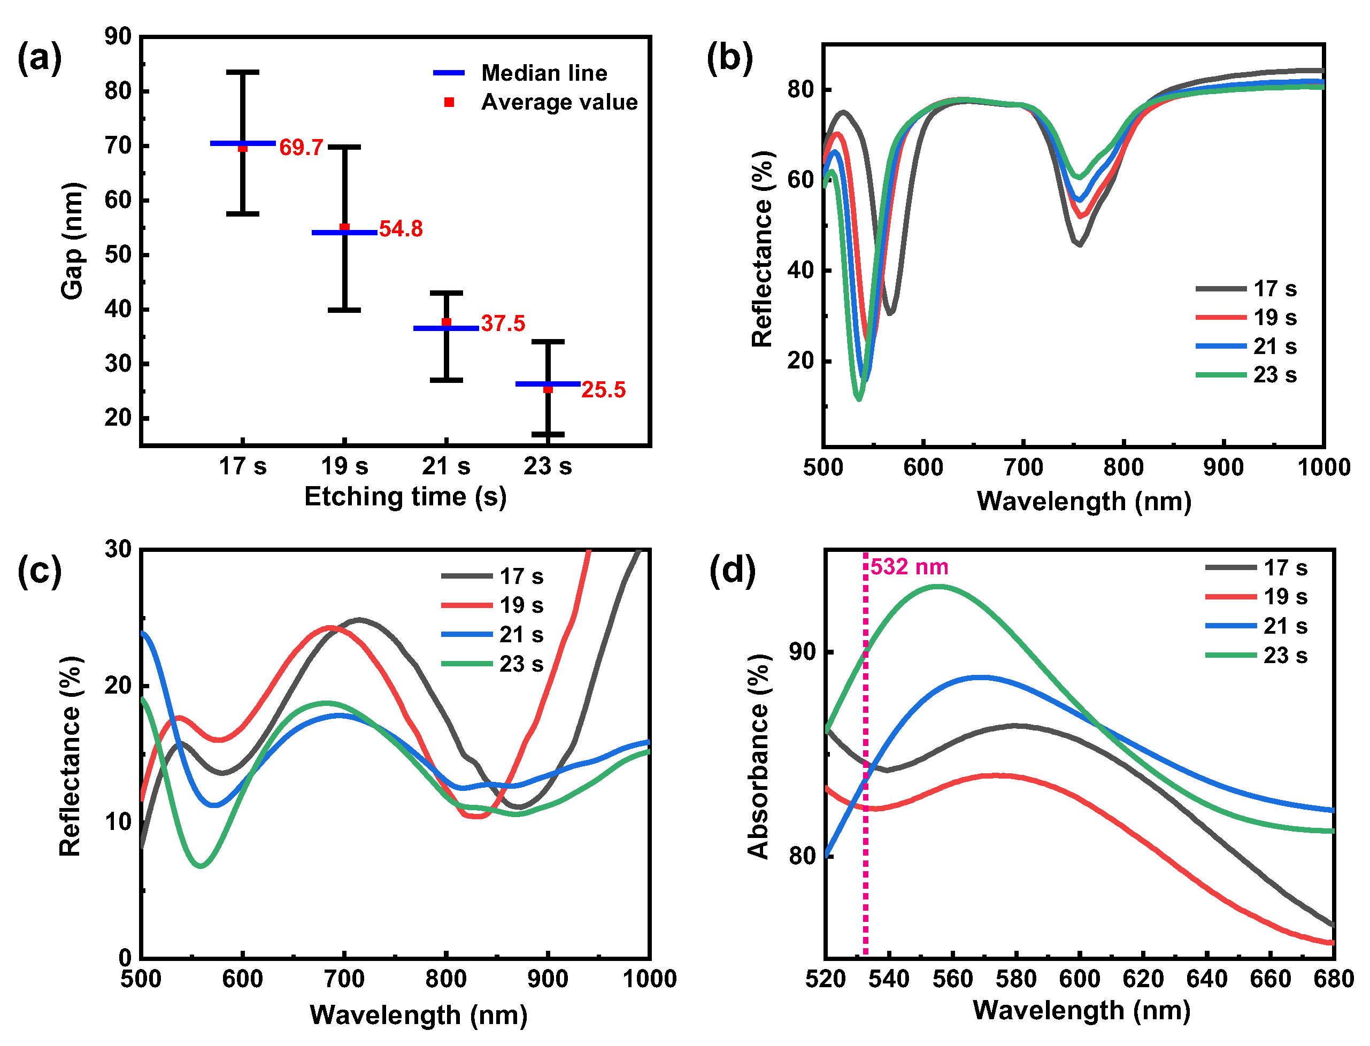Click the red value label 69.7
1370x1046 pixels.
tap(301, 148)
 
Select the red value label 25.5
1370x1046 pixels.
tap(603, 390)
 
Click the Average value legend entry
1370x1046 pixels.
tap(535, 102)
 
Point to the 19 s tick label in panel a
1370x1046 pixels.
tap(344, 466)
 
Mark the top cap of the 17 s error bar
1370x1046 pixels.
tap(243, 72)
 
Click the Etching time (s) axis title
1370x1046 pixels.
tap(405, 497)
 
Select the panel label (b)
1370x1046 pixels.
tap(729, 58)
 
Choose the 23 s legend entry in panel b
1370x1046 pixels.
tap(1247, 375)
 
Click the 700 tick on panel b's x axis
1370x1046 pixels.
tap(1023, 467)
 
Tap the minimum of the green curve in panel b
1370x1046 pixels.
tap(859, 398)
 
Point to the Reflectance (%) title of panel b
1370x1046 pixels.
tap(762, 249)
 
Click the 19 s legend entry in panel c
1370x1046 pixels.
tap(492, 605)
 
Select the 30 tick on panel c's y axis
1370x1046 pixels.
tap(118, 549)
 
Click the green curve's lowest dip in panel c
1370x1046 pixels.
tap(201, 865)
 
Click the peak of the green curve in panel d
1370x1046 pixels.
tap(937, 586)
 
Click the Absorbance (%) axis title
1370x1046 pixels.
tap(758, 757)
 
